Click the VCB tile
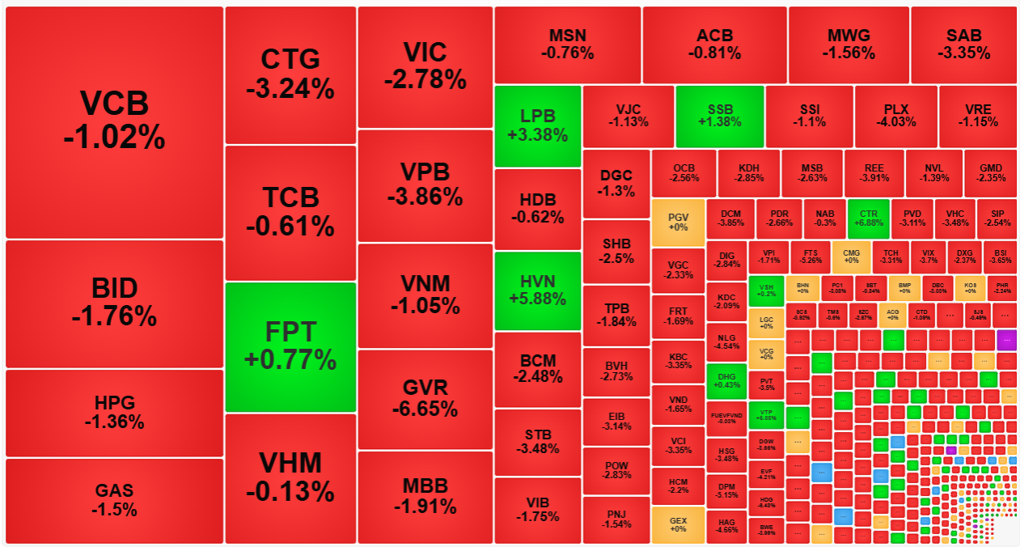coord(114,121)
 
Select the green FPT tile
coord(290,346)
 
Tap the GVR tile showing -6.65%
coord(425,398)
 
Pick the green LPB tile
coord(537,125)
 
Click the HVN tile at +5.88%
coord(537,290)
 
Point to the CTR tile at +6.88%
coord(868,218)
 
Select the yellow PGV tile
coord(678,222)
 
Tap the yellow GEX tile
coord(678,524)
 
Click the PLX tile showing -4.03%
coord(895,115)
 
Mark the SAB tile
coord(963,44)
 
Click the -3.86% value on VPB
coord(425,197)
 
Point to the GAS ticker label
coord(114,490)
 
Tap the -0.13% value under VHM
coord(290,491)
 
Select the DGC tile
coord(616,183)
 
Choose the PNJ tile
coord(616,519)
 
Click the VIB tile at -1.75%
coord(537,510)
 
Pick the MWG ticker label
coord(849,36)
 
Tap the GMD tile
coord(990,172)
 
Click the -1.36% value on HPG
coord(114,422)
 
